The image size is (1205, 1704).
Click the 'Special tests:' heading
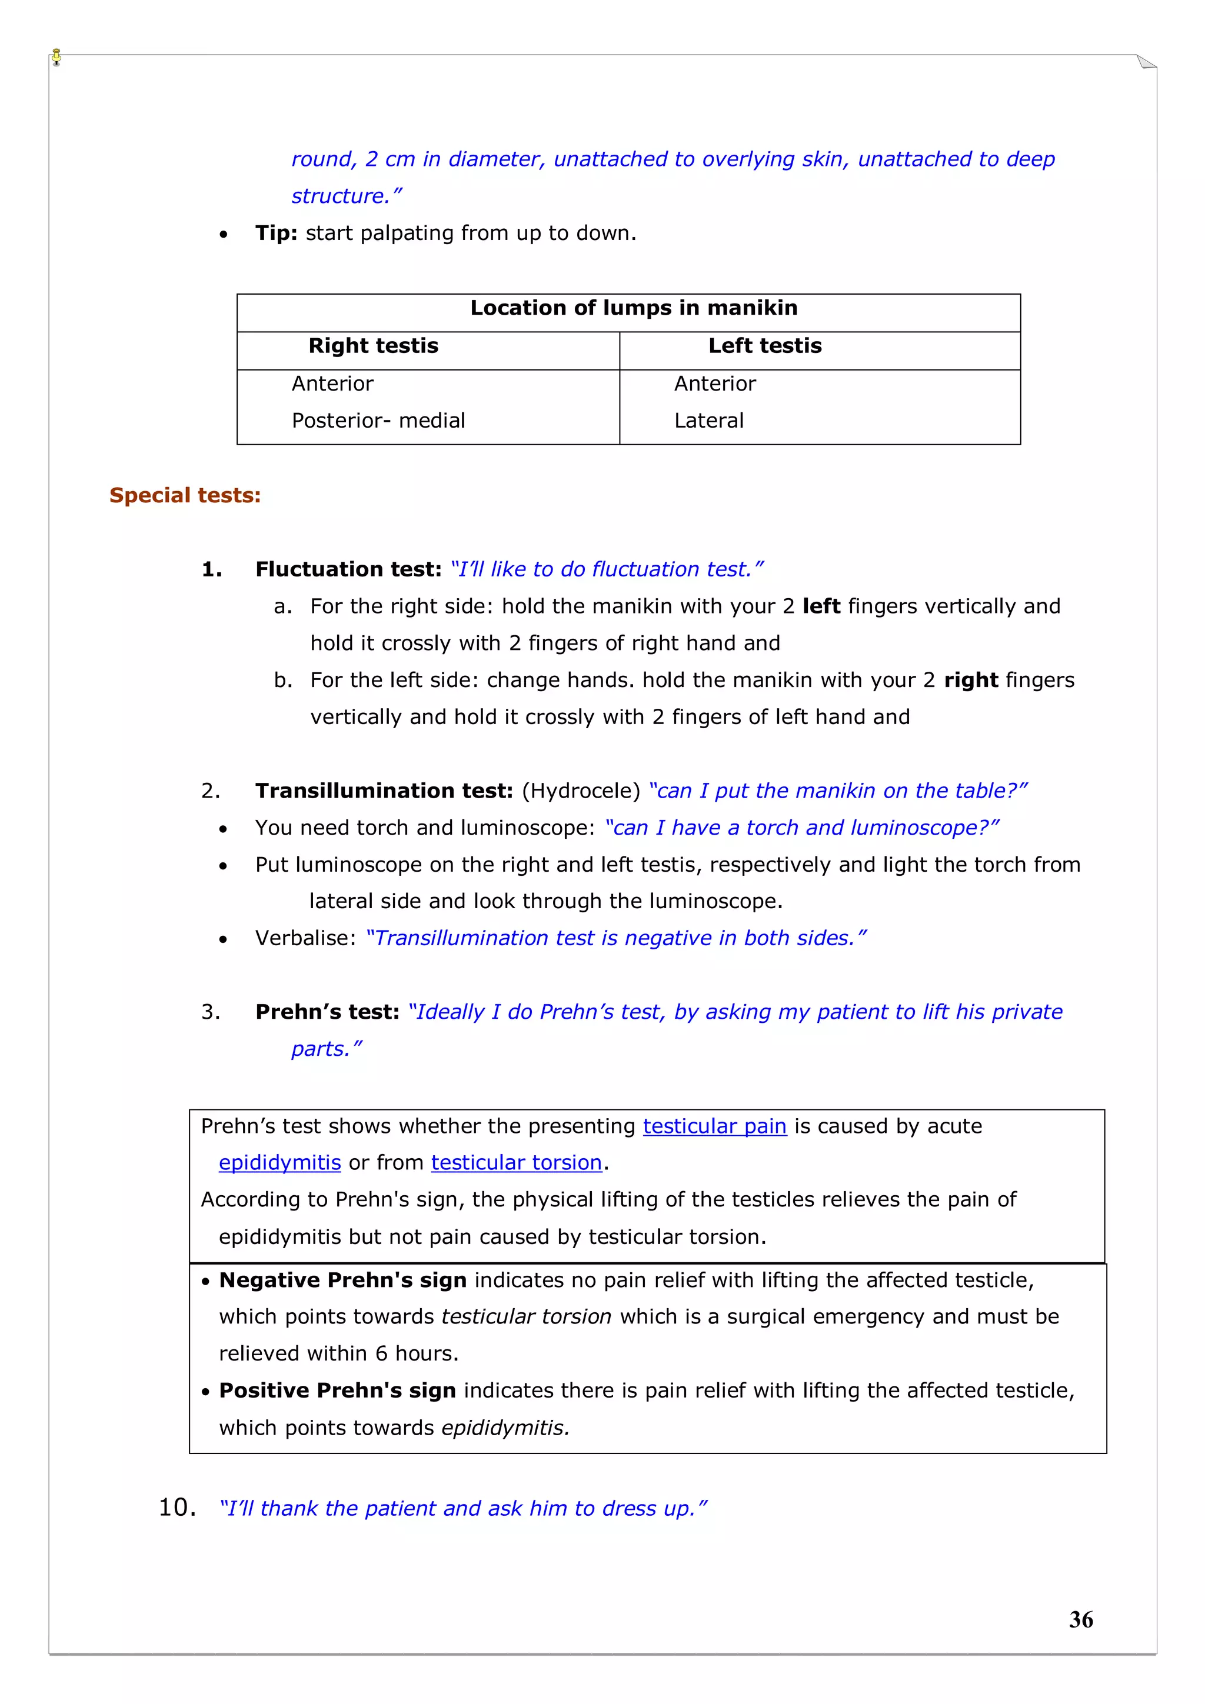click(x=185, y=495)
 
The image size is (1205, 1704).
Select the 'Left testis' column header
click(x=765, y=346)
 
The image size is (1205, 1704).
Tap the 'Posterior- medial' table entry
click(x=378, y=421)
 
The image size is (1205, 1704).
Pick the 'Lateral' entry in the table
click(x=708, y=421)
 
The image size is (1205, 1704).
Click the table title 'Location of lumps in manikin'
click(x=633, y=308)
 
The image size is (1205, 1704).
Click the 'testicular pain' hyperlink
click(x=714, y=1126)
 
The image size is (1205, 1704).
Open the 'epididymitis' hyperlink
click(x=280, y=1162)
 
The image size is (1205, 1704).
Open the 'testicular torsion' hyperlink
click(x=516, y=1162)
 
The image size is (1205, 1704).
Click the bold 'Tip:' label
click(x=276, y=233)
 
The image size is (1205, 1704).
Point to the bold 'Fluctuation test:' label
click(x=348, y=569)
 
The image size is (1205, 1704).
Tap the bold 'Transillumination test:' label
click(x=384, y=791)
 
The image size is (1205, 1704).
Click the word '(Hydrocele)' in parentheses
click(x=581, y=791)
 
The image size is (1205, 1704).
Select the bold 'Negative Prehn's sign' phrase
click(x=342, y=1280)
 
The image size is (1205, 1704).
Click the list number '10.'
click(x=178, y=1508)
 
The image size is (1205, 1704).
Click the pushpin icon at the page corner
click(x=56, y=57)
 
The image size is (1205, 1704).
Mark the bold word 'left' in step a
click(x=821, y=606)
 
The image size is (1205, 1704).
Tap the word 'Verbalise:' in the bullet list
click(x=306, y=938)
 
